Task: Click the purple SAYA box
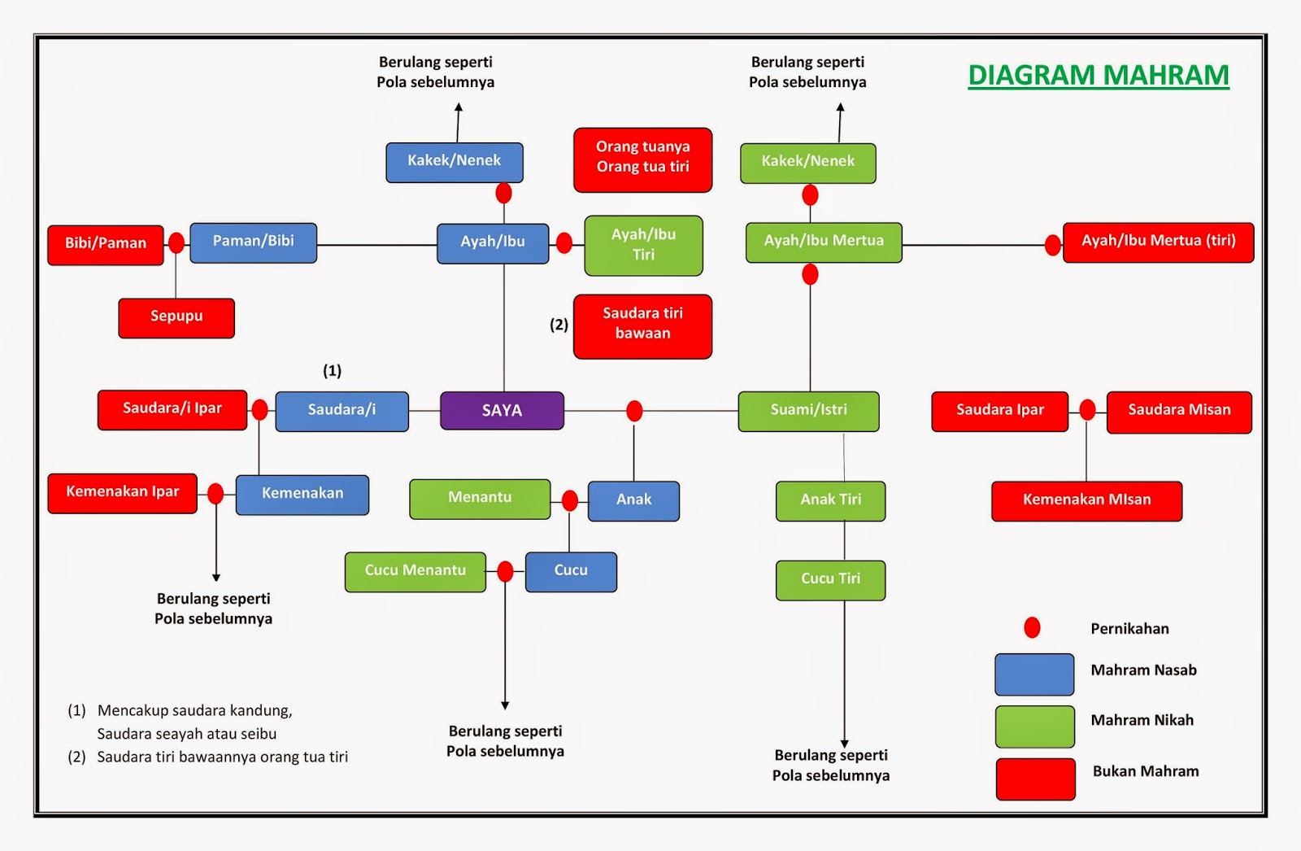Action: coord(502,411)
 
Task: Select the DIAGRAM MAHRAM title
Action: coord(1098,75)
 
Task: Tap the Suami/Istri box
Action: coord(808,411)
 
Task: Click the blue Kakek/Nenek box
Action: coord(454,162)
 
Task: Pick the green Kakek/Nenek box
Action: coord(807,163)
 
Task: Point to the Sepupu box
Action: coord(176,317)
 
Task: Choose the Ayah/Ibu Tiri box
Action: coord(643,245)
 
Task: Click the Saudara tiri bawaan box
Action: coord(642,325)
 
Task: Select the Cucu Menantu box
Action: coord(415,571)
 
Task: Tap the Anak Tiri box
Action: coord(830,500)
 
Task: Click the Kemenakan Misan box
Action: coord(1086,500)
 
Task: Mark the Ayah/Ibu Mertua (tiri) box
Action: coord(1158,242)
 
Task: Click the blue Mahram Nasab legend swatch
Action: coord(1034,674)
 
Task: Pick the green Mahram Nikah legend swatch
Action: coord(1034,726)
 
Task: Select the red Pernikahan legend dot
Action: coord(1032,627)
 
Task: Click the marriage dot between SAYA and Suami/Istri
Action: coord(634,411)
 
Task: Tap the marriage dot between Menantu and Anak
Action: coord(570,500)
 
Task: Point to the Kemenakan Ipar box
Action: coord(122,493)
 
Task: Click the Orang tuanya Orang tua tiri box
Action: coord(642,159)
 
